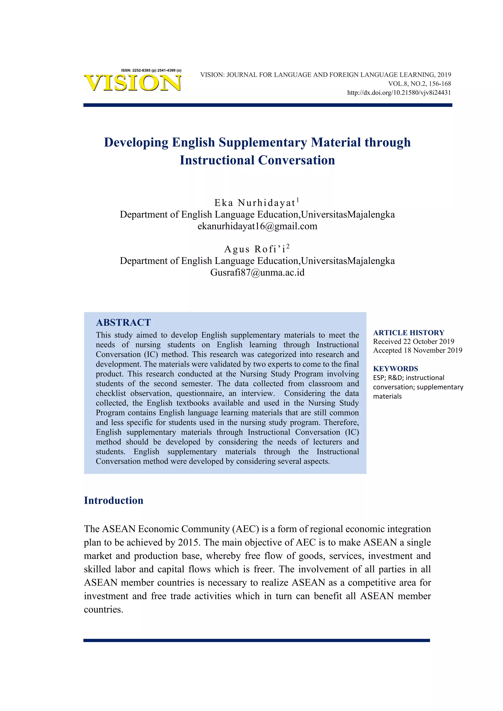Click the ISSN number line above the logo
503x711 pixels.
[151, 70]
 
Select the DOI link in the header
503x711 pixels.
[399, 93]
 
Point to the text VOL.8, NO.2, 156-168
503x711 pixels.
[419, 84]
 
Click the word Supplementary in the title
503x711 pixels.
[263, 142]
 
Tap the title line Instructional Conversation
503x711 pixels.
[257, 160]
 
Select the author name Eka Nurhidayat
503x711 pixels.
[255, 203]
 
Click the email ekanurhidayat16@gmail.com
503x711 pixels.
[257, 226]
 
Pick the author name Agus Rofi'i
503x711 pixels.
[255, 249]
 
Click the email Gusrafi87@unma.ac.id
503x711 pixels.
[257, 273]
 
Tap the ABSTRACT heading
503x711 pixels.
[123, 323]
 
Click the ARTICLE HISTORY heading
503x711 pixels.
[408, 333]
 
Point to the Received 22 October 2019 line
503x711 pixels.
[414, 342]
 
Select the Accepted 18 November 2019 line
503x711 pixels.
[418, 351]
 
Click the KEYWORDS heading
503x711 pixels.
[395, 369]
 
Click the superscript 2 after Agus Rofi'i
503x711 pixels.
[288, 246]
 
